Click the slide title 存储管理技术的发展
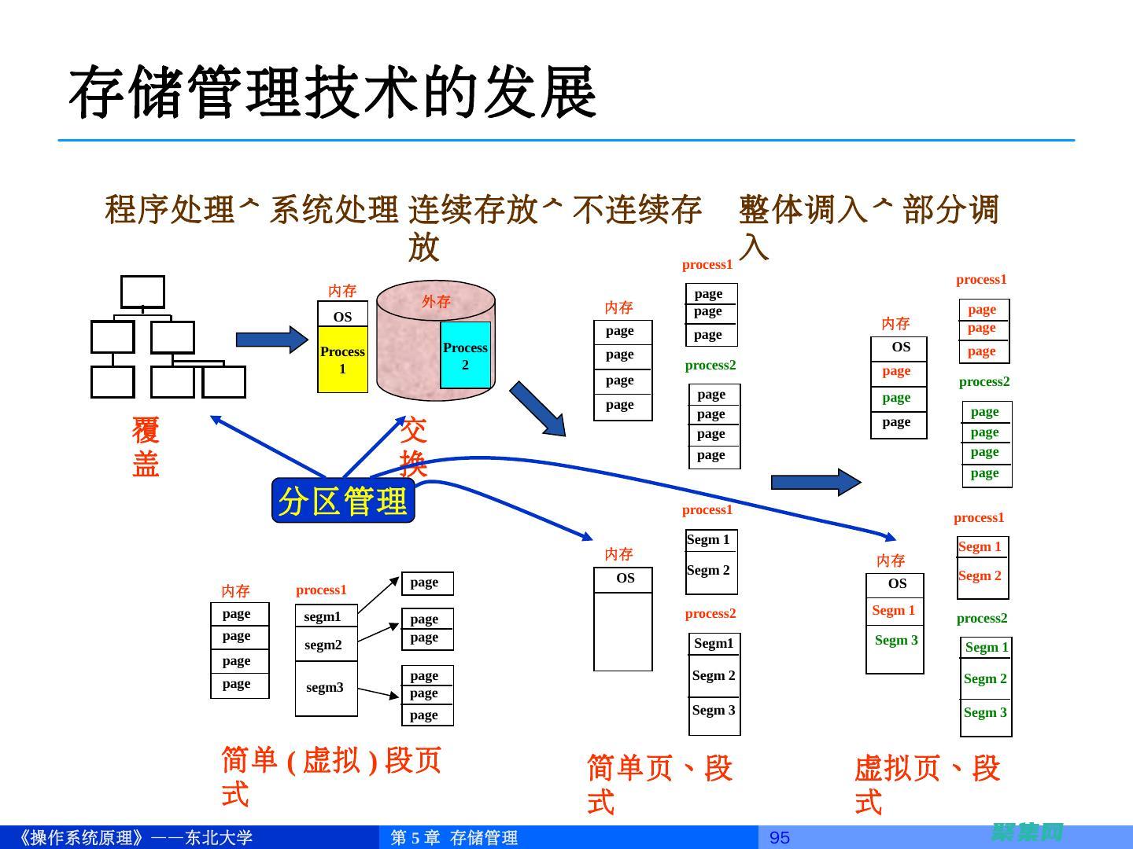click(332, 93)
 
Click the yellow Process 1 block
click(342, 360)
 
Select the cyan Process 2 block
click(465, 355)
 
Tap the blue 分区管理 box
click(343, 501)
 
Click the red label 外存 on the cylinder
click(436, 302)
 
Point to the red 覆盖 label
click(146, 447)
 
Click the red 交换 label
click(413, 447)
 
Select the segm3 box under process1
click(325, 688)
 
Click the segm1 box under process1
click(323, 616)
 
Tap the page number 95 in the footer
click(779, 837)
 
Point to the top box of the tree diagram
click(142, 292)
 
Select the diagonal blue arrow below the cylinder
click(537, 409)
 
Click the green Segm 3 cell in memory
click(896, 640)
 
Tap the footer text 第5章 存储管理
click(455, 837)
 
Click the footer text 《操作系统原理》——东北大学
click(134, 837)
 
